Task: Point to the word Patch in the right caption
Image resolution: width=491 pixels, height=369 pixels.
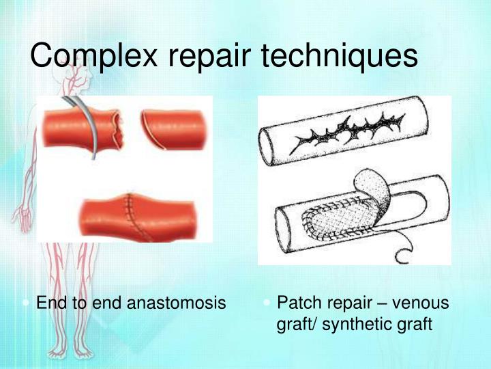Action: pos(296,303)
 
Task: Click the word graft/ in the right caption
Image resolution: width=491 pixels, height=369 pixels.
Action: pos(295,324)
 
